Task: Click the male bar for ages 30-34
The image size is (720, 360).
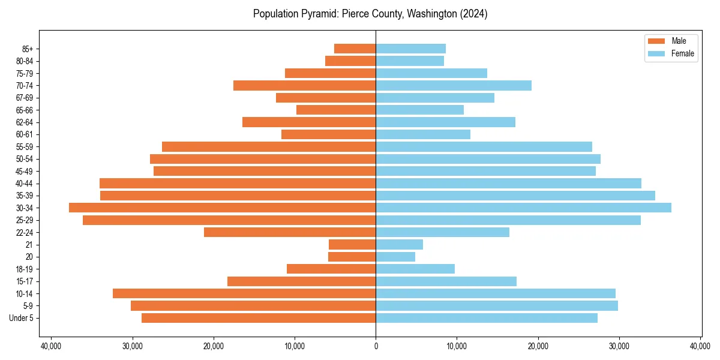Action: point(222,208)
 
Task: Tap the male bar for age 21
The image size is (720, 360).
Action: point(352,244)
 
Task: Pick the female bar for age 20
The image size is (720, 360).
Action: point(395,257)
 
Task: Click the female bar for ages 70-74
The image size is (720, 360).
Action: point(454,85)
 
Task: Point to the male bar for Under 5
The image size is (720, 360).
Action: point(259,318)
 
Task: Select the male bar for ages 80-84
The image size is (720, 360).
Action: point(350,61)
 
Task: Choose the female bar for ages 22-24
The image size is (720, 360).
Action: point(442,232)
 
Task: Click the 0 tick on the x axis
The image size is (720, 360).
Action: point(376,346)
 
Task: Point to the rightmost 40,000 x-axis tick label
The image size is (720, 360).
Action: point(700,346)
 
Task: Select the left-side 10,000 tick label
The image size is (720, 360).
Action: point(295,346)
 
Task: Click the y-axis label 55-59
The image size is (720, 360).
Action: point(24,146)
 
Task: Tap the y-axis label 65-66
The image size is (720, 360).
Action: point(24,110)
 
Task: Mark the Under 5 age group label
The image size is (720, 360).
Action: point(21,318)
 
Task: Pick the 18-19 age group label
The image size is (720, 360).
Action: point(24,269)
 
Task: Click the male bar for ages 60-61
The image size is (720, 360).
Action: point(328,134)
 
